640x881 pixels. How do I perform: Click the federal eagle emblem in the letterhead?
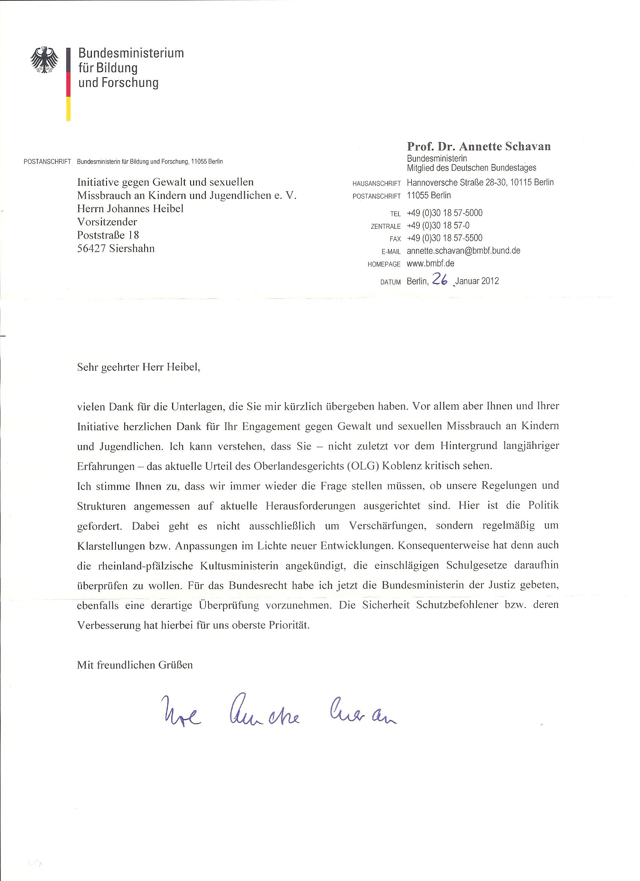[44, 60]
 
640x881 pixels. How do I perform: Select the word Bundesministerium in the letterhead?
[131, 53]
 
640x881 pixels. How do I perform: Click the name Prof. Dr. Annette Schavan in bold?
[478, 147]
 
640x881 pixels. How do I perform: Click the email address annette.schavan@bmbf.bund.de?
[463, 251]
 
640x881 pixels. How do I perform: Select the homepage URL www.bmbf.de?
[430, 263]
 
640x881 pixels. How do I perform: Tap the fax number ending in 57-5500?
[444, 238]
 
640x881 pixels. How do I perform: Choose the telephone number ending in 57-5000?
[444, 213]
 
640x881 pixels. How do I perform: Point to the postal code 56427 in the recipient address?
[91, 249]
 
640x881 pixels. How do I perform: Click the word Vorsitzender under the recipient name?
[107, 222]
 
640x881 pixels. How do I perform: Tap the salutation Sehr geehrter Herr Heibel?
[139, 367]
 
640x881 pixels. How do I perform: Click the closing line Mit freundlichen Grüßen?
[135, 665]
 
